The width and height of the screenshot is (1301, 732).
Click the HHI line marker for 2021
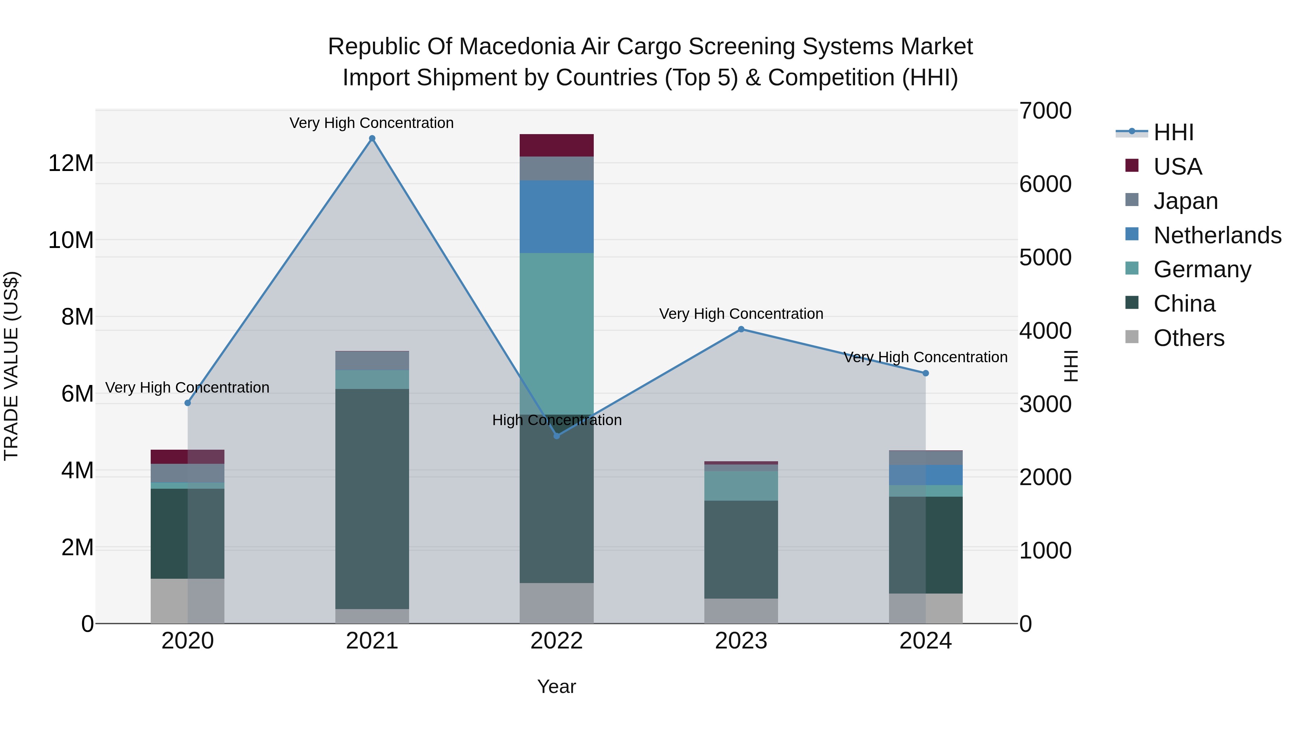coord(372,138)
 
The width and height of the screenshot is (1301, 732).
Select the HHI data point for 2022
coord(557,436)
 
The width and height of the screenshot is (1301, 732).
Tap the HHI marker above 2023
coord(741,329)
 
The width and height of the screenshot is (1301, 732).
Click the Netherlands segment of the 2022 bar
coord(557,217)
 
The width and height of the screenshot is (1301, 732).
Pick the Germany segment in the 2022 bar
coord(557,333)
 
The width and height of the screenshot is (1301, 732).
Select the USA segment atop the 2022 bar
coord(557,145)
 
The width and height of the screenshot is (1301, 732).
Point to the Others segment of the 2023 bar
coord(741,611)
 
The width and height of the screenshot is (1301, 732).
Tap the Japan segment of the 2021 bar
coord(372,361)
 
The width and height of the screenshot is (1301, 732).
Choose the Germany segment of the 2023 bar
coord(741,485)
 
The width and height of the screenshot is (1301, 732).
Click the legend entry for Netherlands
coord(1217,235)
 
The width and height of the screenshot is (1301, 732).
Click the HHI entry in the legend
coord(1173,132)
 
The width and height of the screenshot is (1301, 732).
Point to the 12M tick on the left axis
coord(71,163)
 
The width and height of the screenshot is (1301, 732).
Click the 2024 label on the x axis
coord(925,641)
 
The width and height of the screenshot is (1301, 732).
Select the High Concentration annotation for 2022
coord(557,420)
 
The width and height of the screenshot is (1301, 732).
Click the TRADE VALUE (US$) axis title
coord(11,366)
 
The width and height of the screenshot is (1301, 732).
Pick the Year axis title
coord(557,686)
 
